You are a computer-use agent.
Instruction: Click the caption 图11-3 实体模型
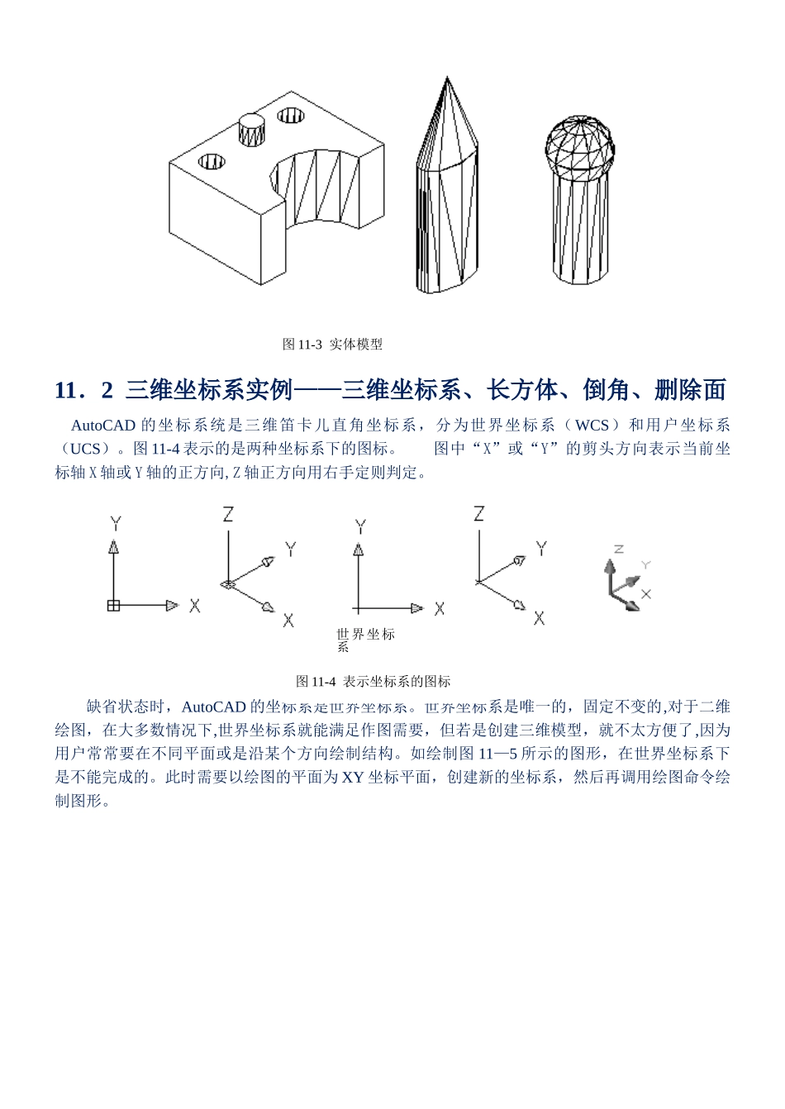click(332, 344)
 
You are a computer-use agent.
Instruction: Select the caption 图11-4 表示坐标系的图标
click(373, 681)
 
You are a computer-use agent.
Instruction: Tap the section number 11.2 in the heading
click(83, 389)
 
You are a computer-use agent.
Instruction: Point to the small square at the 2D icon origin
click(113, 606)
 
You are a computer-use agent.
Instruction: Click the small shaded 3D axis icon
click(621, 583)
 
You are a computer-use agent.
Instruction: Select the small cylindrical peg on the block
click(251, 131)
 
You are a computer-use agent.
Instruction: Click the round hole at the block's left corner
click(212, 160)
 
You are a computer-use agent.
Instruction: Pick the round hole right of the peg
click(292, 115)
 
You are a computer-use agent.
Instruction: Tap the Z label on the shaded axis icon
click(618, 549)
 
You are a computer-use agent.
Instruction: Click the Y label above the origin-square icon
click(115, 523)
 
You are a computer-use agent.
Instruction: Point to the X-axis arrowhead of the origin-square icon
click(172, 606)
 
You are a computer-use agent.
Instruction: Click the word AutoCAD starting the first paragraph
click(102, 426)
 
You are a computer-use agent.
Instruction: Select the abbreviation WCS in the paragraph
click(592, 426)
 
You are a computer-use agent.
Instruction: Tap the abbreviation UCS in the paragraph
click(85, 449)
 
